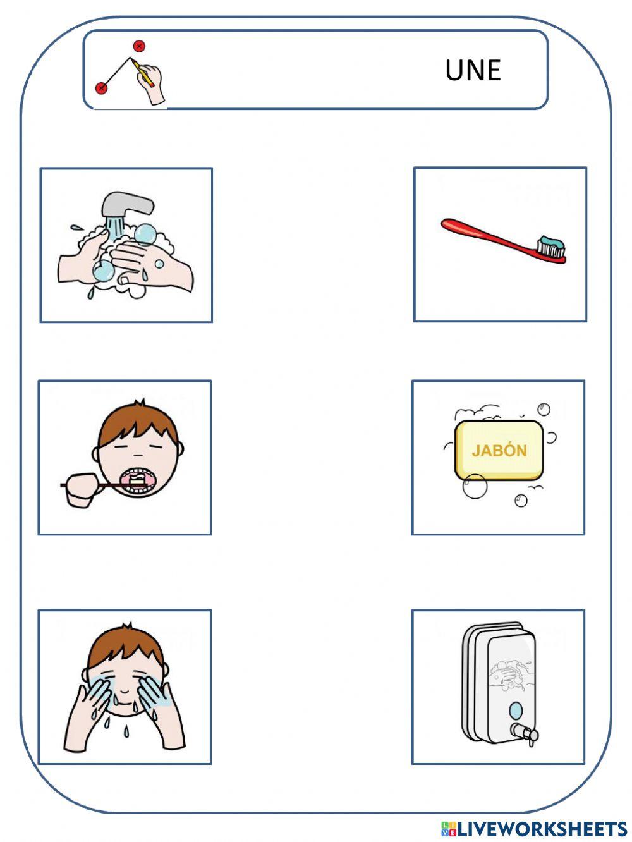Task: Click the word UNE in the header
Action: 473,70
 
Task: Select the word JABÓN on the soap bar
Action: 499,451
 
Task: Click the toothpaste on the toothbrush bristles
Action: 552,242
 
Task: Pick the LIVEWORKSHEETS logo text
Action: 541,829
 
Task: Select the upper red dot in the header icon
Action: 139,46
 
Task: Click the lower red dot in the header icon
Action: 101,88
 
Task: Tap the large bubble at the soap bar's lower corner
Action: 475,485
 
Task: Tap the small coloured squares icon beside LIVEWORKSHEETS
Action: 448,829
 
